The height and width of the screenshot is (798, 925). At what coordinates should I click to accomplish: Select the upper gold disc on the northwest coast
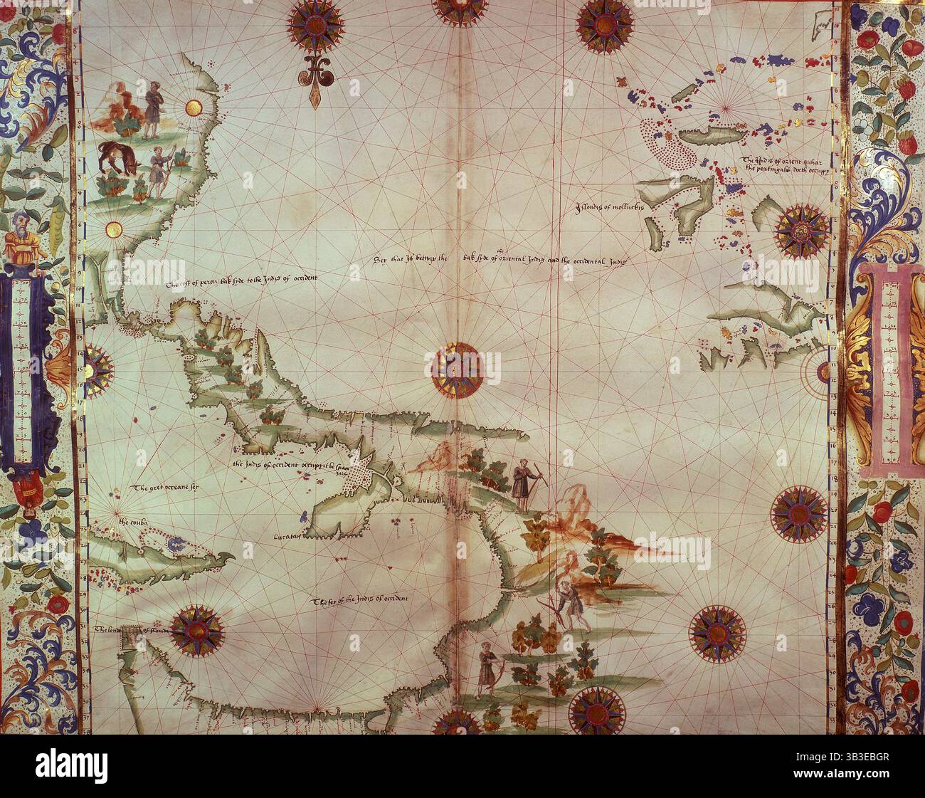[x=193, y=108]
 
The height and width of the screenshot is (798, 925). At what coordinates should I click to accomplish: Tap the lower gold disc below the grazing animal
[x=113, y=229]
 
